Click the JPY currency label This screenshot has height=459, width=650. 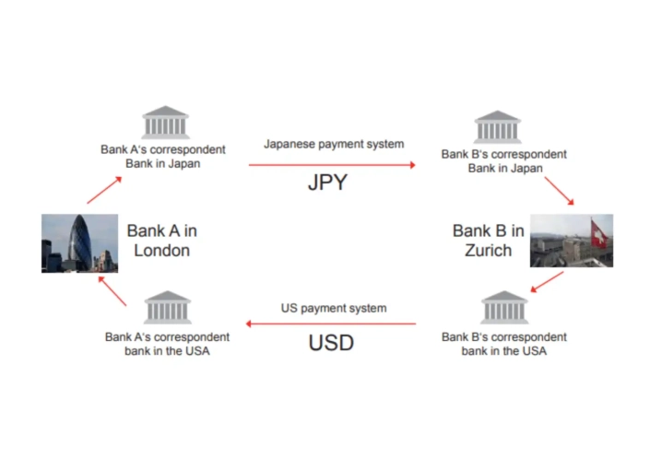tap(327, 182)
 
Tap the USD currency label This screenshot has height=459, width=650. tap(331, 343)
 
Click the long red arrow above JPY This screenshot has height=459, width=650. tap(332, 165)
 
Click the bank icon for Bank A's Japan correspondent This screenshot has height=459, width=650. tap(166, 123)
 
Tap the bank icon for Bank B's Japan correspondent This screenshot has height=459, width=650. tap(497, 126)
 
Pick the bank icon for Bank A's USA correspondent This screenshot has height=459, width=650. tap(167, 307)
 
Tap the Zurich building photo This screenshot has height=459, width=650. tap(571, 241)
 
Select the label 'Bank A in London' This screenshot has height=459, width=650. tap(162, 241)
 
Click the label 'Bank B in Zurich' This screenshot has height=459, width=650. tap(488, 241)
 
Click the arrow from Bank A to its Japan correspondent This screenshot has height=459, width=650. tap(103, 189)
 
